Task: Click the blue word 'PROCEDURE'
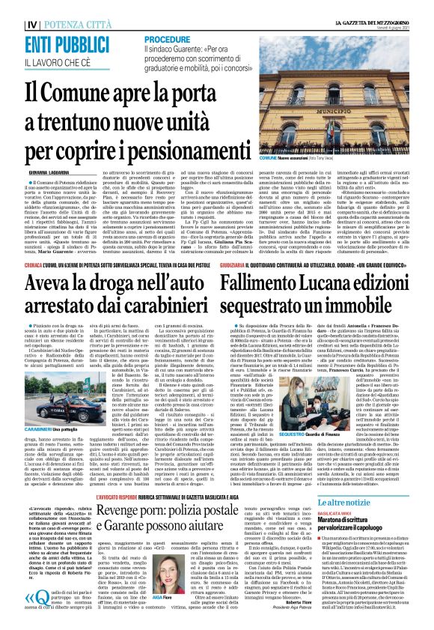coord(168,38)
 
